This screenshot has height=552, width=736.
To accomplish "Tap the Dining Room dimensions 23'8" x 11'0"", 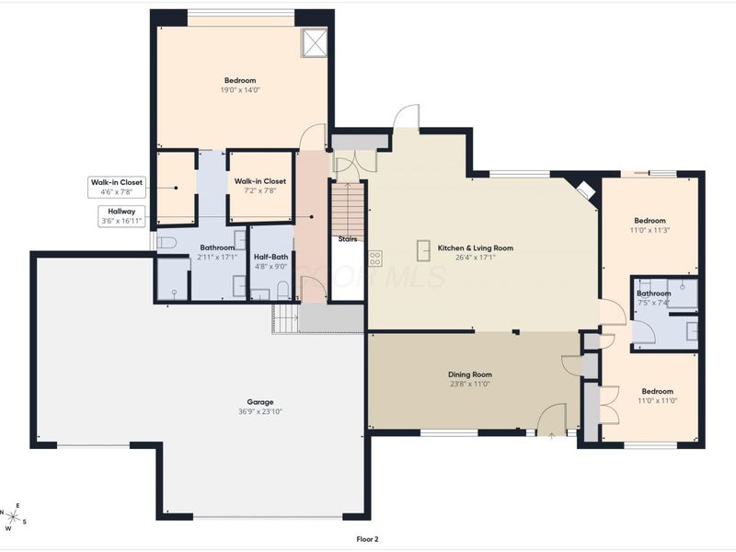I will click(470, 384).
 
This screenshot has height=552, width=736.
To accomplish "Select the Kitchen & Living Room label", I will click(475, 247).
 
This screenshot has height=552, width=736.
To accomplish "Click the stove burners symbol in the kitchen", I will click(375, 259).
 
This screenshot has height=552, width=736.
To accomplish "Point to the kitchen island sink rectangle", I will click(424, 249).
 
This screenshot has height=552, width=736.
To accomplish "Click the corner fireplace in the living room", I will click(583, 190).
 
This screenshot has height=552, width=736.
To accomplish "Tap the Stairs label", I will click(347, 239).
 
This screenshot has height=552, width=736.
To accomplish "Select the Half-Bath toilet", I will click(283, 290).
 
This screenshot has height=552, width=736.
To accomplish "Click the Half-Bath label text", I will click(270, 257).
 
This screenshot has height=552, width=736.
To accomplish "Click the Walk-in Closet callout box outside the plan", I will click(116, 187).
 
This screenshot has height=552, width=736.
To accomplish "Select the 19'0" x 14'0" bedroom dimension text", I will click(240, 90).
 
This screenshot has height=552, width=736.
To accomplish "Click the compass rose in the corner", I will click(14, 519).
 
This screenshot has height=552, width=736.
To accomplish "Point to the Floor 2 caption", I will click(367, 539).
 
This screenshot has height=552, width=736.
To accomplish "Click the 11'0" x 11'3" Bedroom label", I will click(650, 221).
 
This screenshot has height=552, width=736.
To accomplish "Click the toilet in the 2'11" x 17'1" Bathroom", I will click(167, 243).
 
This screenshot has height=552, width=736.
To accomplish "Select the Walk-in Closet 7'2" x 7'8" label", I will click(259, 182).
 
